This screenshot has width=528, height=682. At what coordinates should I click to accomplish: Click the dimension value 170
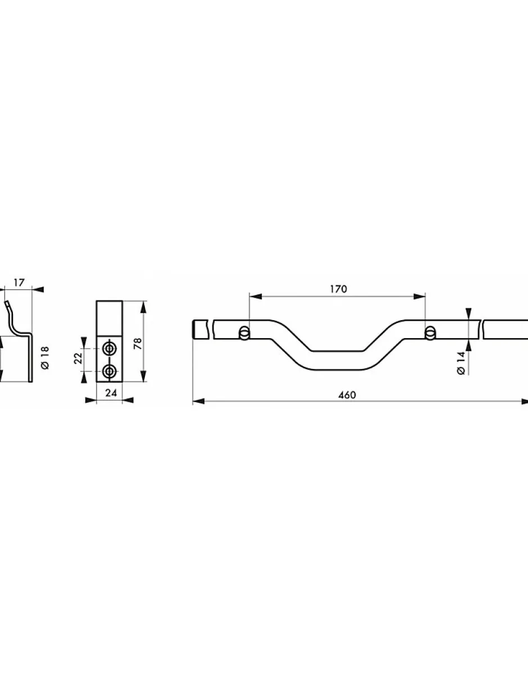[339, 289]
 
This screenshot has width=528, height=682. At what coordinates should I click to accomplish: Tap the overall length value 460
[347, 395]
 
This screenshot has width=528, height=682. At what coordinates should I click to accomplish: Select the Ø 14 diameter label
[461, 363]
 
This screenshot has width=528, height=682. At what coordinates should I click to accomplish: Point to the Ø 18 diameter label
[45, 358]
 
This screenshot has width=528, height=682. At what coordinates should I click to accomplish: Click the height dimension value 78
[138, 344]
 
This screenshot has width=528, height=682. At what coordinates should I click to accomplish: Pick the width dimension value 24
[111, 393]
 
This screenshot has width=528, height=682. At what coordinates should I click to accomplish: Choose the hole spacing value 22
[78, 358]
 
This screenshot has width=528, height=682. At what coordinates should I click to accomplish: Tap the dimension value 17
[19, 283]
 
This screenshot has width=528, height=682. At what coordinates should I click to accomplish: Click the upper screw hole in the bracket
[110, 348]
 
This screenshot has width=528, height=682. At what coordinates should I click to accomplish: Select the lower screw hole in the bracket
[110, 371]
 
